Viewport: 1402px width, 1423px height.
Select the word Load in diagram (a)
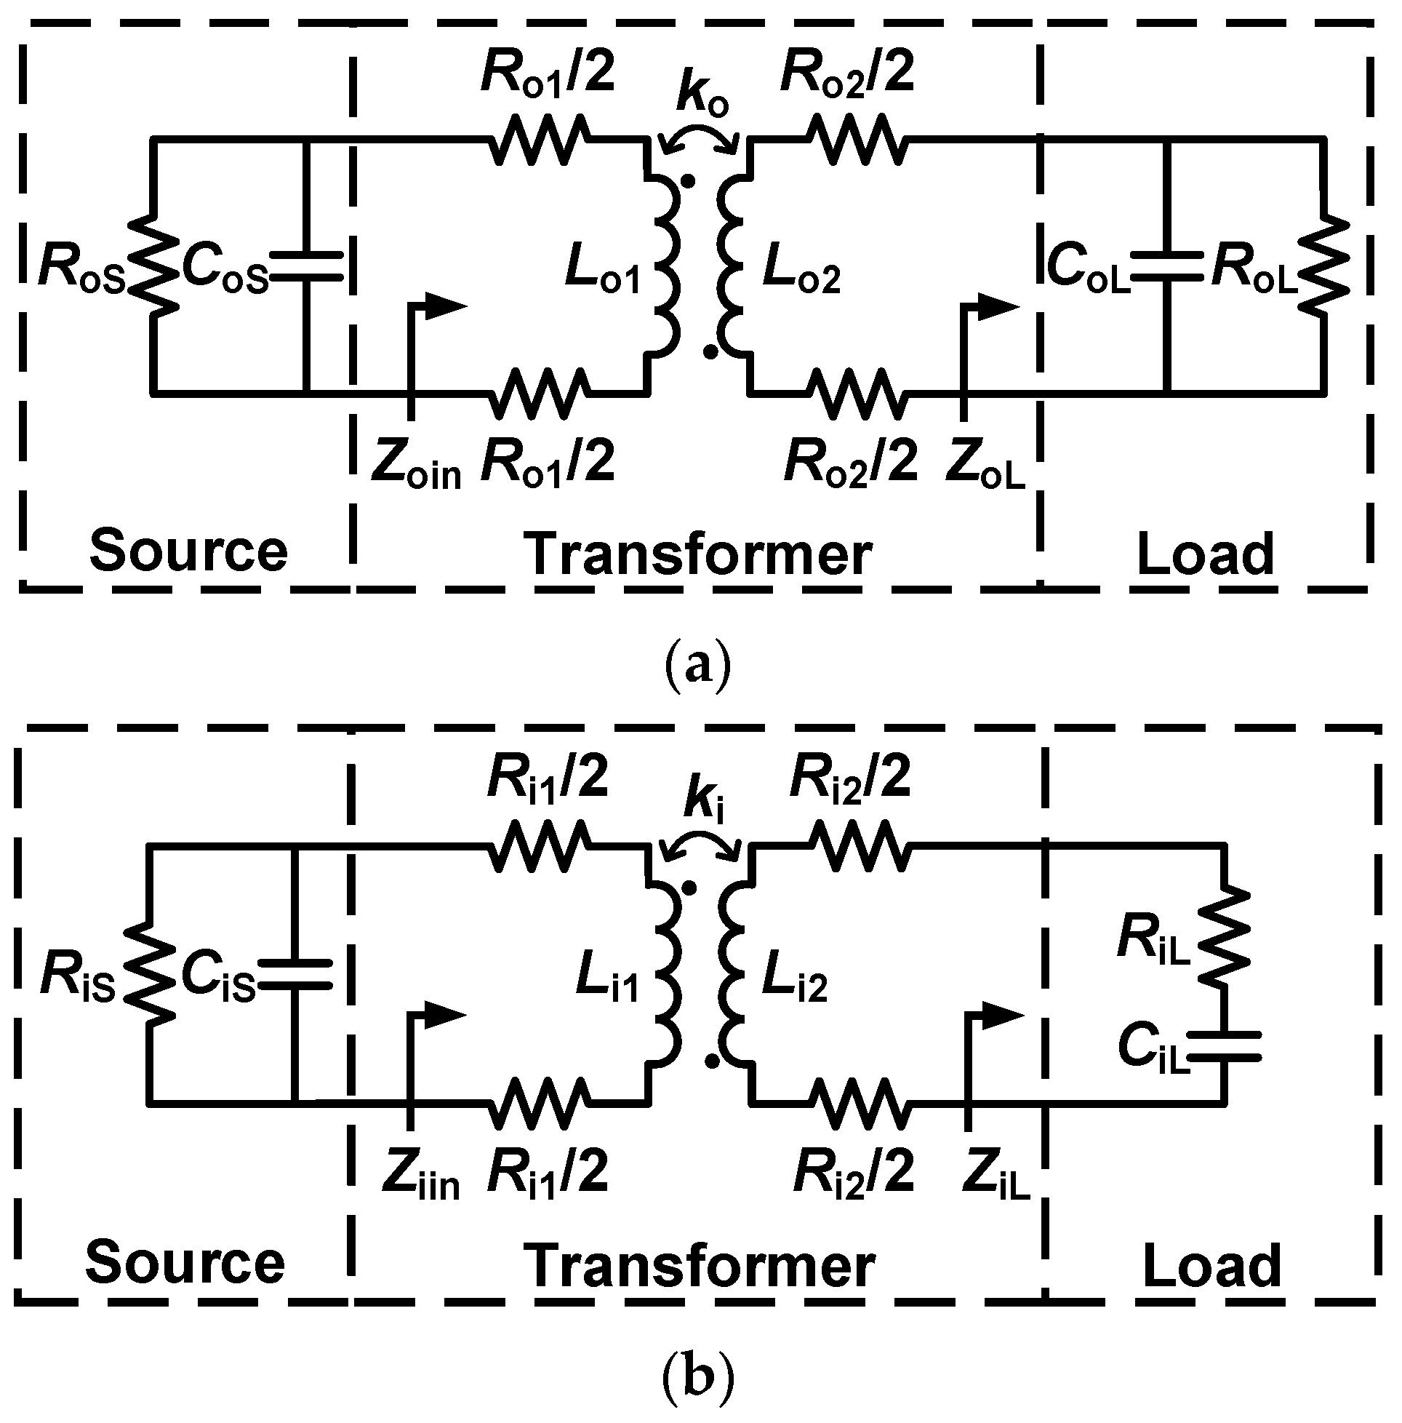(1206, 554)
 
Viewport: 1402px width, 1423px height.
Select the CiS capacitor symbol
(295, 973)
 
